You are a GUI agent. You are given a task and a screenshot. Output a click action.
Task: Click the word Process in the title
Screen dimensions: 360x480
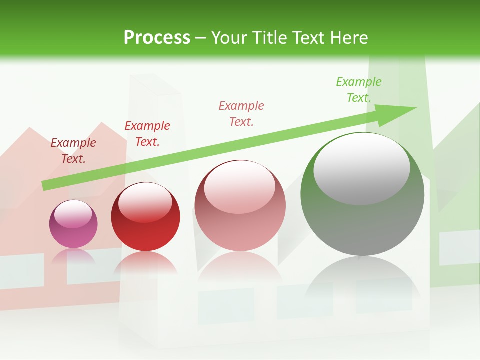[157, 38]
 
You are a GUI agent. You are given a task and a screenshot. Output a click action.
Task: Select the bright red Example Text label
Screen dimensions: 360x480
[147, 134]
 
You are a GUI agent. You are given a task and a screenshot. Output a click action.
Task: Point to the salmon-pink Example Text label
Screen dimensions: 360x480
[241, 113]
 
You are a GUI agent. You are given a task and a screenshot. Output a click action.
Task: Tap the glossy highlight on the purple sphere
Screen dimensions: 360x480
[73, 214]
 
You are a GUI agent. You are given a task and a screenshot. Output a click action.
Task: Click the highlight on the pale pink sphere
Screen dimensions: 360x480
[239, 186]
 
